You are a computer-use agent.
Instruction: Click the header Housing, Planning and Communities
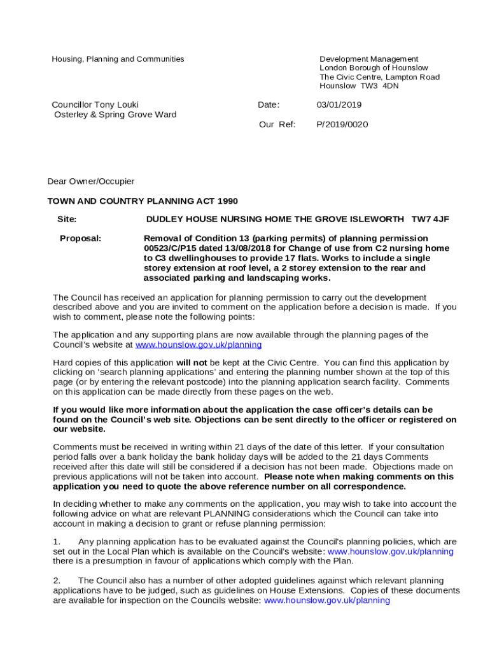coord(118,59)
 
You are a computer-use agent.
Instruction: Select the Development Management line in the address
coord(368,59)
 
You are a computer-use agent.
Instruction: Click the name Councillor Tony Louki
coord(95,104)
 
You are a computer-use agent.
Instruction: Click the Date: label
coord(269,104)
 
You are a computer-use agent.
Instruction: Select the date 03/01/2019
coord(339,104)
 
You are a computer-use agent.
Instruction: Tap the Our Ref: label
coord(277,124)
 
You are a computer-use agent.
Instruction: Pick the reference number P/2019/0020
coord(342,124)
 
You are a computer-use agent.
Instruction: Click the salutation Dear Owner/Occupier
coord(91,181)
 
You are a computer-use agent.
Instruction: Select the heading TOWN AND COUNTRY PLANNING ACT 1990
coord(143,201)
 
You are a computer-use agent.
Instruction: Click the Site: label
coord(67,219)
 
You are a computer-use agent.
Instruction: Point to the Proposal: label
coord(80,238)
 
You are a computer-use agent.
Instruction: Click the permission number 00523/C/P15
coord(170,248)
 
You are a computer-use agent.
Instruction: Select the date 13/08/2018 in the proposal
coord(247,248)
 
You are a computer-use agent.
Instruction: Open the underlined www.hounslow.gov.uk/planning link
coord(199,344)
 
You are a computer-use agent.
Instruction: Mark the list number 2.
coord(57,581)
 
